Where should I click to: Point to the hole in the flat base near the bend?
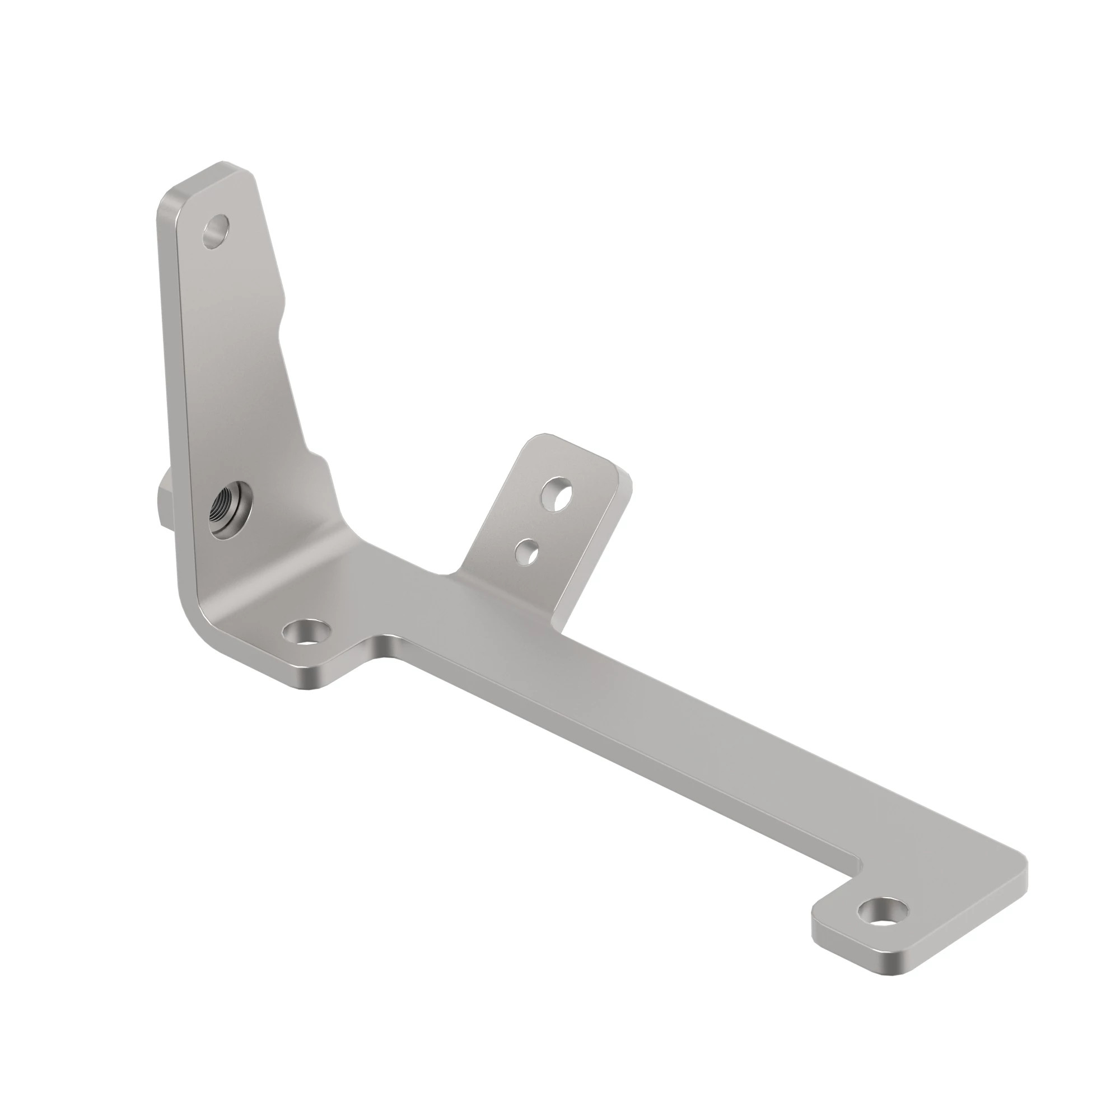[x=306, y=632]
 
